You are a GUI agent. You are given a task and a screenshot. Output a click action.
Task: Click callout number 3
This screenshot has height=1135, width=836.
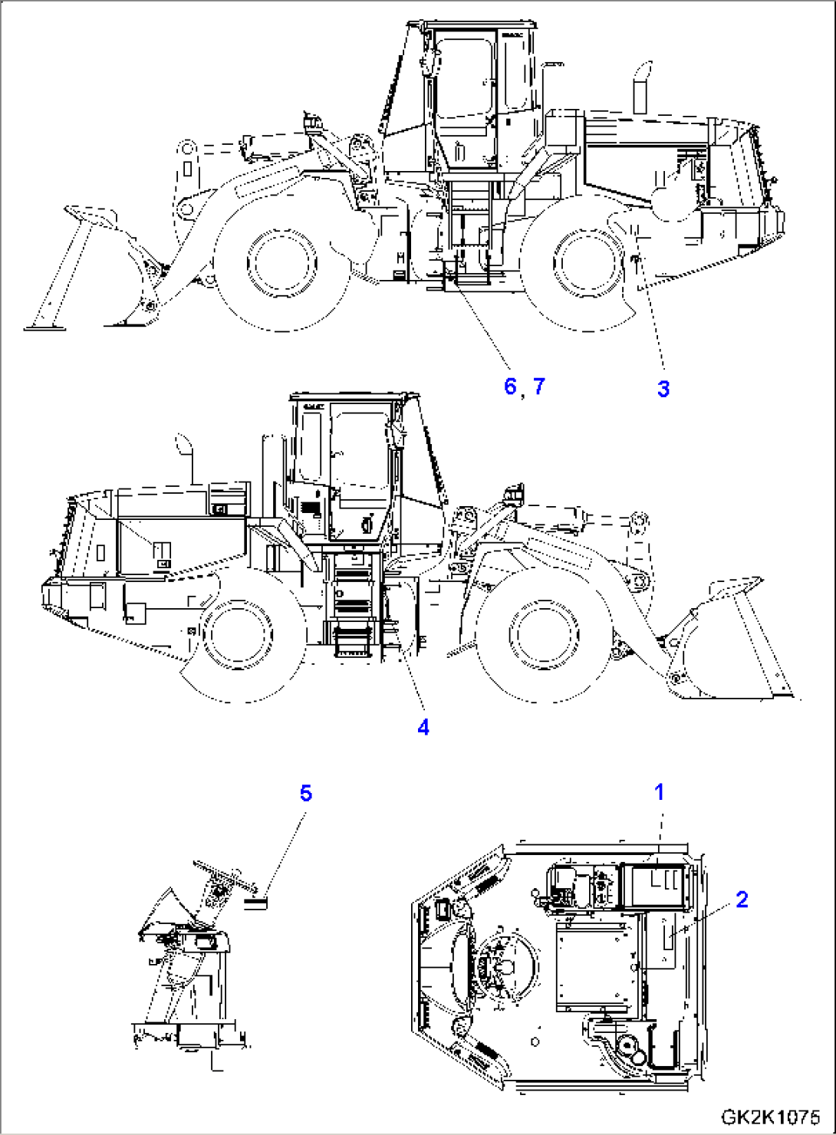[663, 389]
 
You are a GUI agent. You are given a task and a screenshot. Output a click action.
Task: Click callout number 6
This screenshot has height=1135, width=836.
[510, 386]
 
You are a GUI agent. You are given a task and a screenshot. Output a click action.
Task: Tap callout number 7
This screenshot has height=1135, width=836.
[539, 386]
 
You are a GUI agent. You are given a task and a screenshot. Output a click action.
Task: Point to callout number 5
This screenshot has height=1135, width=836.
[306, 792]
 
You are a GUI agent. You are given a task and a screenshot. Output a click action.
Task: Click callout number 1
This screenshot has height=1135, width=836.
[659, 791]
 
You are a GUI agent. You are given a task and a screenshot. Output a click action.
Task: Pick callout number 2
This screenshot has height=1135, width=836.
[742, 899]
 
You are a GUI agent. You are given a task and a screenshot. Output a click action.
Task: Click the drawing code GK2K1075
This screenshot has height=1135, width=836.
[769, 1118]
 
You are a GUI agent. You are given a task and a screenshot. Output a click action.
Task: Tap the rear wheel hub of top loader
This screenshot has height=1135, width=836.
[588, 261]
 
